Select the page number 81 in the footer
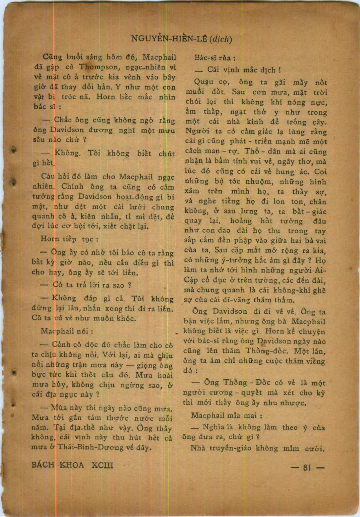[x=309, y=468]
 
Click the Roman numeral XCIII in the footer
[x=103, y=465]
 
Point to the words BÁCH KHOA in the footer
[x=58, y=465]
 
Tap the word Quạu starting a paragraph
[x=203, y=82]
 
